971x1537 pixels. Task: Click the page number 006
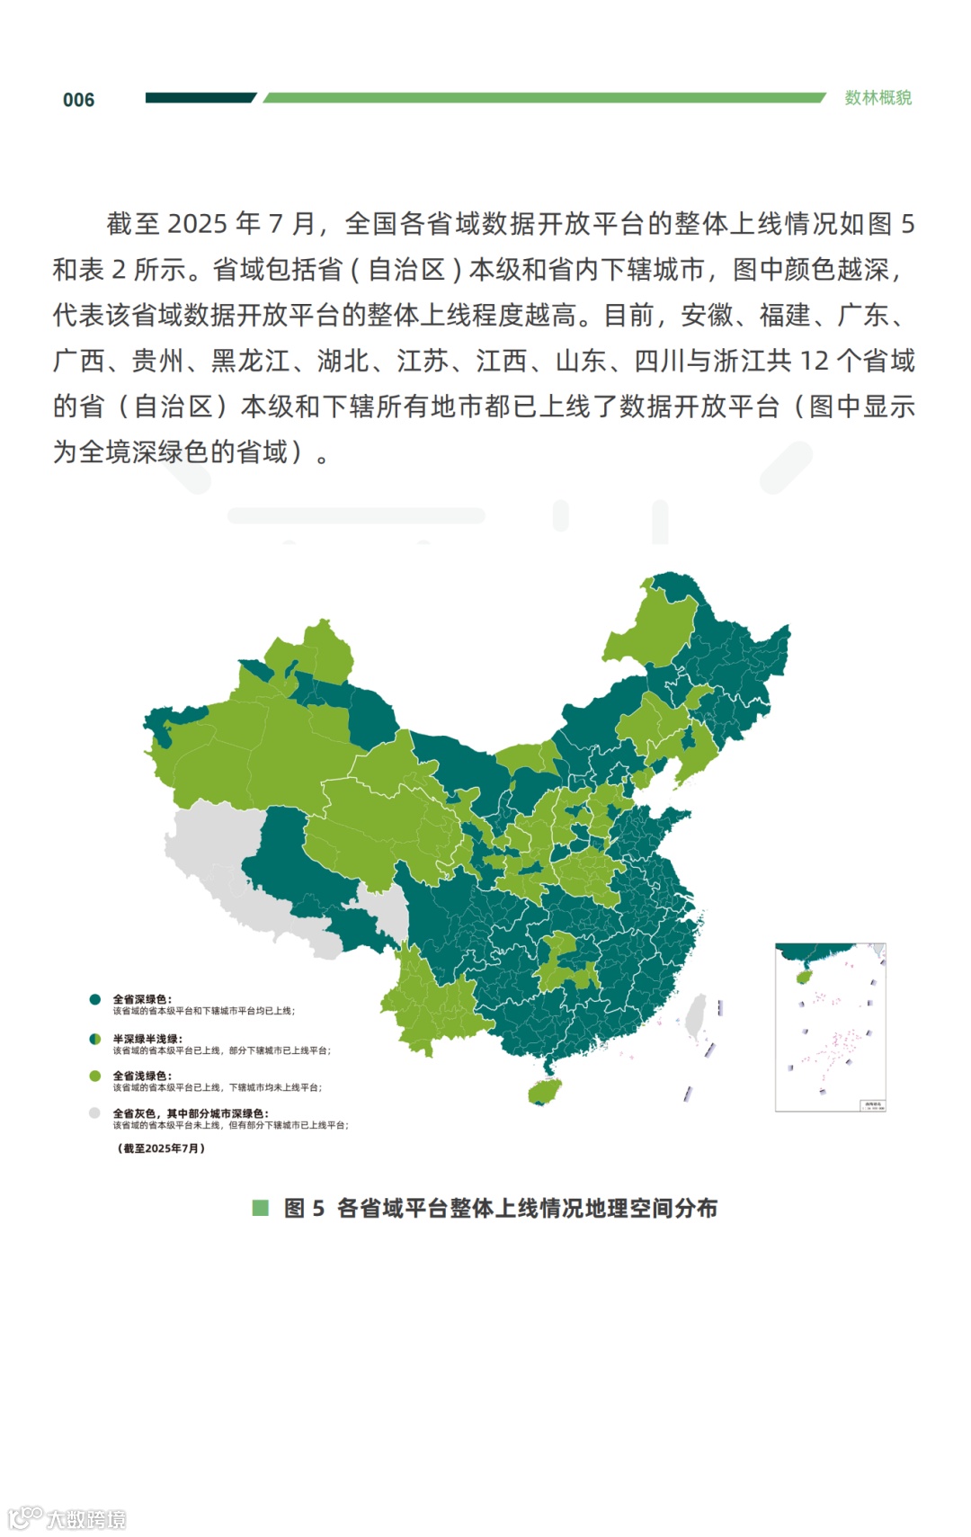point(78,100)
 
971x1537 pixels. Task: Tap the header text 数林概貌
point(877,98)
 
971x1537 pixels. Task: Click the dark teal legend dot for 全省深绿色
point(94,999)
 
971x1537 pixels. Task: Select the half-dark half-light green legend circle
point(94,1039)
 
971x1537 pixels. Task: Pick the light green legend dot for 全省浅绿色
point(94,1076)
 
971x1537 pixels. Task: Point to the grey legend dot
point(94,1113)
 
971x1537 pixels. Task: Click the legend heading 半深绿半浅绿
point(147,1039)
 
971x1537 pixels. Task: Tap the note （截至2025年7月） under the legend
point(162,1148)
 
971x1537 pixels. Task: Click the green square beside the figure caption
point(261,1208)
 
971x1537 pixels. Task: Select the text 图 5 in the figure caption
point(304,1208)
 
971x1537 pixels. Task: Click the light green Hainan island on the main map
point(545,1091)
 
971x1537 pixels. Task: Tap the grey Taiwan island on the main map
point(695,1015)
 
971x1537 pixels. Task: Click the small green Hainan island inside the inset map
point(805,976)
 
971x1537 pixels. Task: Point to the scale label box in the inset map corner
point(873,1104)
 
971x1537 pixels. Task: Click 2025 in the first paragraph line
point(197,223)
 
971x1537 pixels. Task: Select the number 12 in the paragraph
point(814,361)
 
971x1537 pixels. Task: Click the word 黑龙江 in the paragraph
point(250,361)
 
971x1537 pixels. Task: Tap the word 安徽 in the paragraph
point(707,315)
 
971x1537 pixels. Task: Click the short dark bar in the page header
point(200,97)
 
